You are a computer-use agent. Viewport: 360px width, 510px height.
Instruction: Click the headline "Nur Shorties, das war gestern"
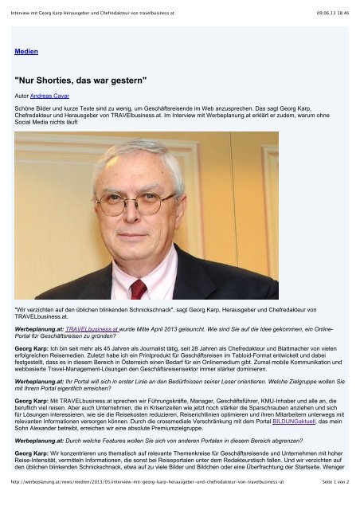(82, 80)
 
